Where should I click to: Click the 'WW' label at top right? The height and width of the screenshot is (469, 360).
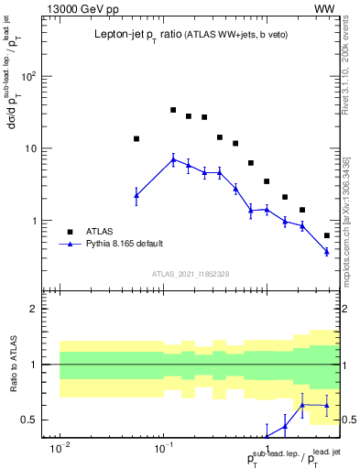(325, 8)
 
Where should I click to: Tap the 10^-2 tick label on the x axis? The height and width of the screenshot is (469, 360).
(60, 450)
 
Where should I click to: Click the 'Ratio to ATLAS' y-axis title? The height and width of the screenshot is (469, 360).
(15, 365)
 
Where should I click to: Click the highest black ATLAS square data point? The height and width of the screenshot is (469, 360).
(173, 110)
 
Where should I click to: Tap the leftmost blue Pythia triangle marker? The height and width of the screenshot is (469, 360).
(136, 195)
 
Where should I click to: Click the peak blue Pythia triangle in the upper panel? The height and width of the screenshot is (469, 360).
(173, 159)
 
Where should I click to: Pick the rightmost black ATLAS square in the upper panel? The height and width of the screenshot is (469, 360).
(327, 235)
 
